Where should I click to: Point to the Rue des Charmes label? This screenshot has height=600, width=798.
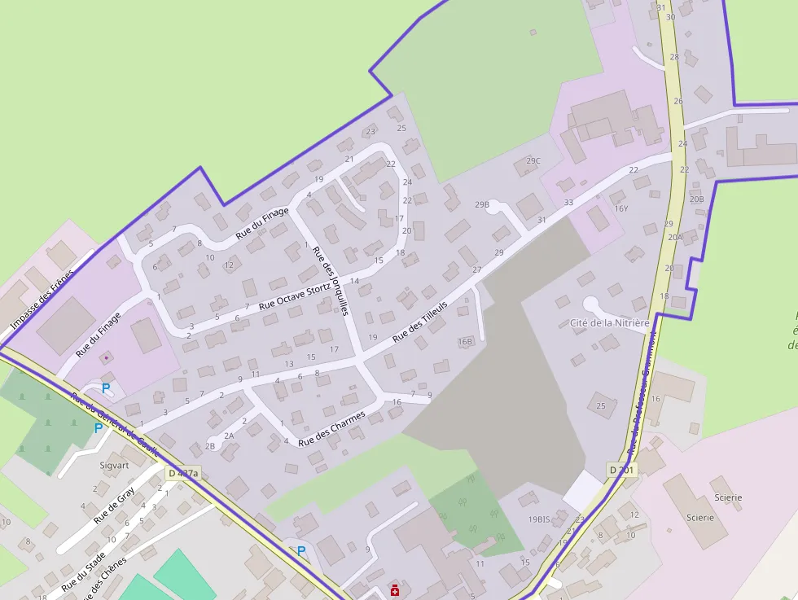(331, 429)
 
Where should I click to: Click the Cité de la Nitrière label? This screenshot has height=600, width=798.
(610, 323)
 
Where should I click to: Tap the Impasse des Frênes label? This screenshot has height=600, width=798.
(42, 300)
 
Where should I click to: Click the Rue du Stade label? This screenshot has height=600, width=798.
(83, 571)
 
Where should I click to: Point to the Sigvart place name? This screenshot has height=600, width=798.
(114, 466)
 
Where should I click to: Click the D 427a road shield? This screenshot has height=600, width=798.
(183, 473)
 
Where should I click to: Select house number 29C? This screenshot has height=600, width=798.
(533, 161)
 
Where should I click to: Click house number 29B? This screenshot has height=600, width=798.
(482, 204)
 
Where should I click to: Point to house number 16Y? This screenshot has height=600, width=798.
(621, 208)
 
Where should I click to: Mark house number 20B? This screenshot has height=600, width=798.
(696, 199)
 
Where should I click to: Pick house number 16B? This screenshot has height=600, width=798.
(466, 341)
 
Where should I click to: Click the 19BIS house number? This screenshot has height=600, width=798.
(540, 519)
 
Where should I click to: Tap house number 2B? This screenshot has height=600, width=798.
(210, 446)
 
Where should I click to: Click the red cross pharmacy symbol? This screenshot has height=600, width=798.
(395, 591)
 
